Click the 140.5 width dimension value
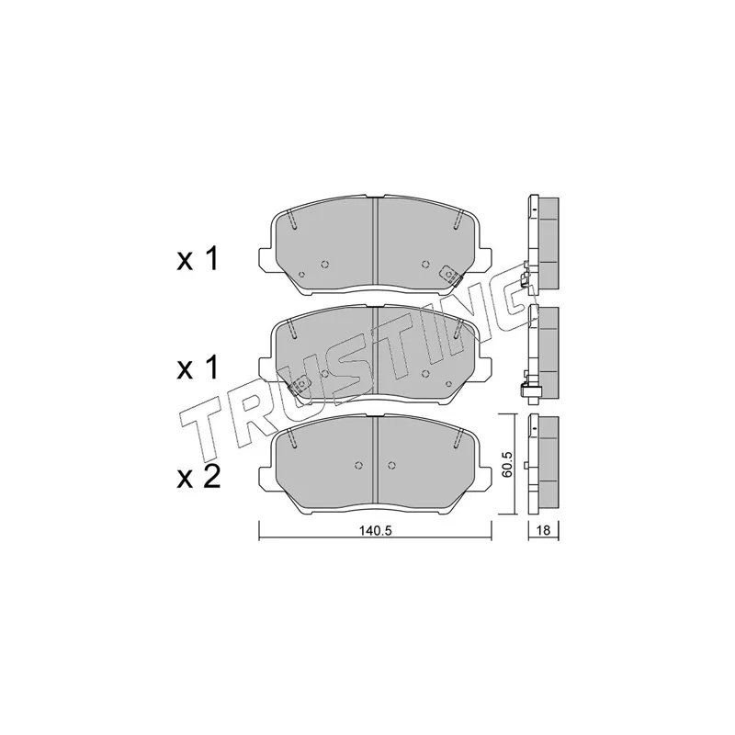(375, 531)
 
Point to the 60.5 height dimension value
(508, 465)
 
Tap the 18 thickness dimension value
(544, 531)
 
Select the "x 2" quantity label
(198, 477)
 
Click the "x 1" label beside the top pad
(198, 260)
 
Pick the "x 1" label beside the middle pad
(198, 368)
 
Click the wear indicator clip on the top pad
(451, 276)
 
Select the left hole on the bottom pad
(358, 465)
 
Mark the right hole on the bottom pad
(391, 465)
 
